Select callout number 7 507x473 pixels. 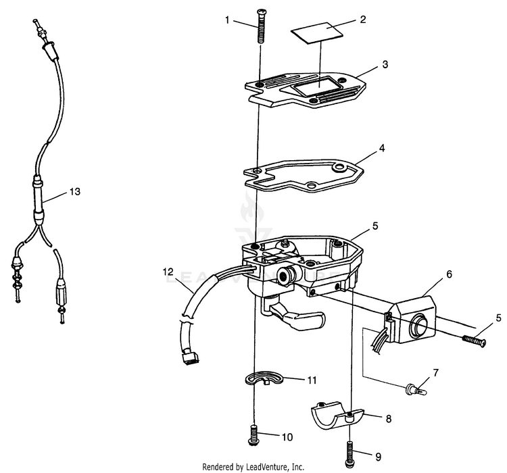436,372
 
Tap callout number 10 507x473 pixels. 287,437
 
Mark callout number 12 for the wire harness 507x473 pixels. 168,272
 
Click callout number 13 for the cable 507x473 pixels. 74,192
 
